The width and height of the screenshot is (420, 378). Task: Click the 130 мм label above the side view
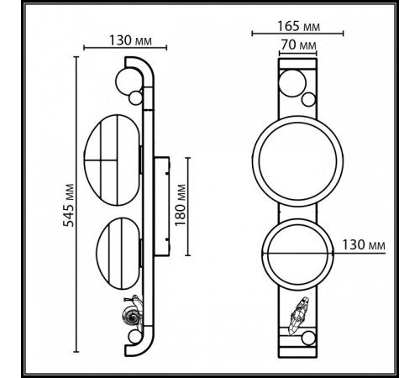click(x=130, y=39)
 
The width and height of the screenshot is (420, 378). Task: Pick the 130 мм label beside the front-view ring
click(x=365, y=244)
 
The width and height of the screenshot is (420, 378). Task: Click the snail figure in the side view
click(x=131, y=316)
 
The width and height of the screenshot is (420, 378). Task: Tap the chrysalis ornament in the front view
click(x=297, y=318)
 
